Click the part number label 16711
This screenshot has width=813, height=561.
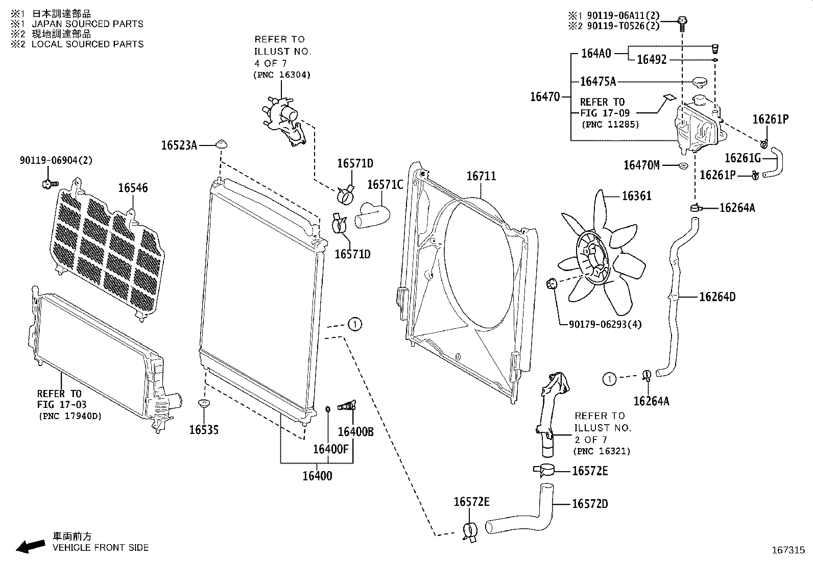[x=481, y=177]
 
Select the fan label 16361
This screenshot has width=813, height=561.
[x=636, y=196]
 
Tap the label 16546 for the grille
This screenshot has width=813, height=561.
[x=133, y=188]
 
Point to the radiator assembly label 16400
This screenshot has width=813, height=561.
[x=317, y=476]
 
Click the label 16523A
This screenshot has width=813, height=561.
[x=179, y=145]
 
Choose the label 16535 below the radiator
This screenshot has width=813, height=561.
[x=204, y=430]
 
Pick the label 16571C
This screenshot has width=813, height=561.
[x=385, y=184]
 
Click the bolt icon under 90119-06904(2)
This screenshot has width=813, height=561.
[x=50, y=183]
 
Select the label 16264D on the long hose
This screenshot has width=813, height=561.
[x=717, y=297]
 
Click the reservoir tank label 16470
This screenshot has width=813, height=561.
[x=544, y=96]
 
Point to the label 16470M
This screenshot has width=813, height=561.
[x=641, y=165]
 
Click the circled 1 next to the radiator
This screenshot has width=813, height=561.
[x=355, y=324]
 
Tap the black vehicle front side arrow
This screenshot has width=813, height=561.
[x=30, y=547]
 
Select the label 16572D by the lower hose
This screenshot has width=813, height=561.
[x=590, y=504]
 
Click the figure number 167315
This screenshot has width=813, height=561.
[x=787, y=550]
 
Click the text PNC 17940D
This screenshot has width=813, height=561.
[x=70, y=417]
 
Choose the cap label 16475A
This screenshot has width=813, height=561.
[x=597, y=82]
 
